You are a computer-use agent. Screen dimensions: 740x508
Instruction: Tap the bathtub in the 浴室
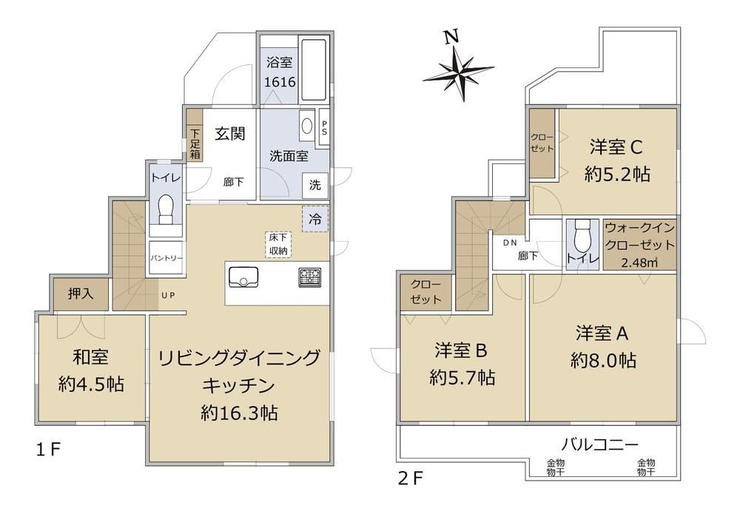click(314, 70)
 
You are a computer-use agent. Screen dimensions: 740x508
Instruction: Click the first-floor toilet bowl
click(166, 209)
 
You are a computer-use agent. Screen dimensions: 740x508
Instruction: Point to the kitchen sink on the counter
click(243, 277)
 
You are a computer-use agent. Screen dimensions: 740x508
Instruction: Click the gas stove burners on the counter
click(309, 277)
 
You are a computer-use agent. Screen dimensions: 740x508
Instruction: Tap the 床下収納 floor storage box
click(278, 244)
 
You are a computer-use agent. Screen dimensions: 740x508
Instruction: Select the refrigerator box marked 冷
click(315, 219)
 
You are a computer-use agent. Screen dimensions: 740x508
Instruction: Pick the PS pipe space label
click(324, 127)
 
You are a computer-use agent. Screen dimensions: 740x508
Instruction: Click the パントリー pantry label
click(166, 258)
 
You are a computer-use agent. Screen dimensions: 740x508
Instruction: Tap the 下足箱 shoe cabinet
click(195, 135)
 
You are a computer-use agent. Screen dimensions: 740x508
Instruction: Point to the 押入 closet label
click(81, 294)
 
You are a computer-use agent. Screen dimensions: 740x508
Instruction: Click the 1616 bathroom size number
click(280, 82)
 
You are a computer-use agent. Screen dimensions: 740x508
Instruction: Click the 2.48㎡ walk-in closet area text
click(639, 263)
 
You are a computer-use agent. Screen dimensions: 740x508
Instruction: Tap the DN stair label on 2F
click(510, 243)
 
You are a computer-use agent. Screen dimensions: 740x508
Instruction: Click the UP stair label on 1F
click(169, 296)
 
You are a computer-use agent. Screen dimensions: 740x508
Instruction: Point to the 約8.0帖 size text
click(603, 361)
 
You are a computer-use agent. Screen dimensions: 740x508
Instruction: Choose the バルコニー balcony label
click(600, 444)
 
